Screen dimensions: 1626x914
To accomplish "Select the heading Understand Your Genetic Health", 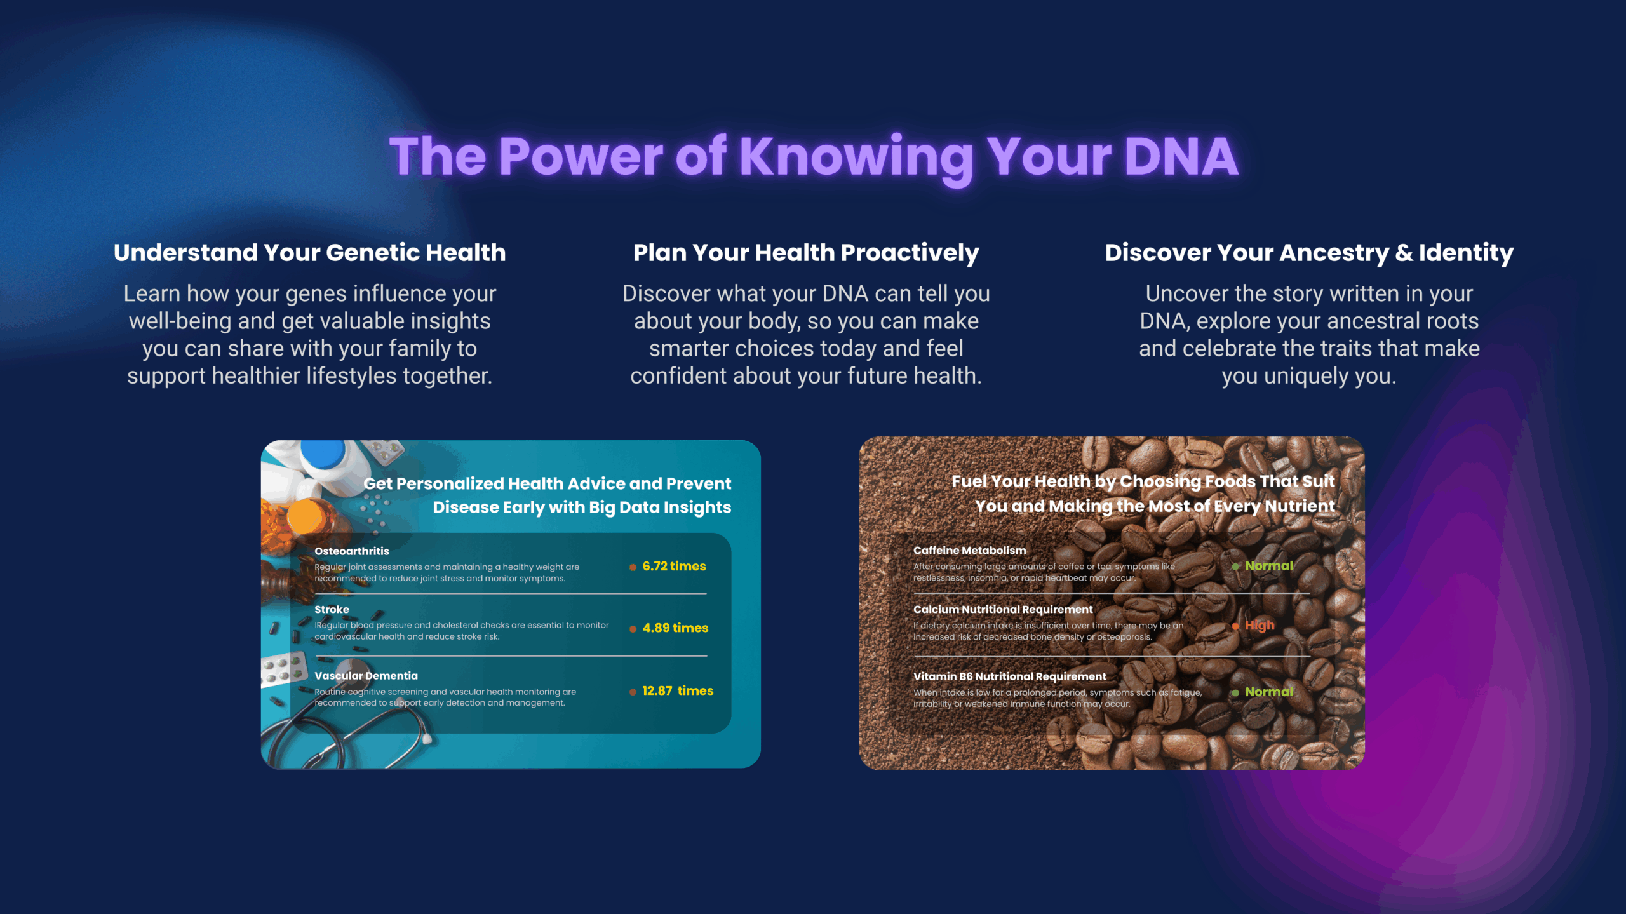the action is [310, 252].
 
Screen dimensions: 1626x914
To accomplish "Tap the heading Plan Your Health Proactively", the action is [806, 253].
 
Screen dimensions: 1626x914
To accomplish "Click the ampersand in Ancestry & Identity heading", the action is [1404, 253].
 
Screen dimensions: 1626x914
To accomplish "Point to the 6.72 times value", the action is [674, 566].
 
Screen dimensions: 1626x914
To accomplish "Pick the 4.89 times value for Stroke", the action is [675, 628].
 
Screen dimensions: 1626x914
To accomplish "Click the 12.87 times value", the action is [678, 690].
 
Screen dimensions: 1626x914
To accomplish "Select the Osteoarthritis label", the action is [352, 551].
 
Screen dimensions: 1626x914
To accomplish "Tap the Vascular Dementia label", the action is [366, 675].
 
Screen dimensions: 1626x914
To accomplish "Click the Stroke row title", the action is [332, 609].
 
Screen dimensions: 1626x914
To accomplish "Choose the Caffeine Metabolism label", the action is [969, 550].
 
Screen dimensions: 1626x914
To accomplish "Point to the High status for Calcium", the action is [1260, 626].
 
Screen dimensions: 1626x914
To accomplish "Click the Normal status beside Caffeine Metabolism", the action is [1268, 566].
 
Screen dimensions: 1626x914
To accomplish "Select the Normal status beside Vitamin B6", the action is [1268, 692].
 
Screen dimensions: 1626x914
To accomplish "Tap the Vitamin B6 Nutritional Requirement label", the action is [1009, 676].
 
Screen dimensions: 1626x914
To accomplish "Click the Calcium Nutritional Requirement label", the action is [1003, 609].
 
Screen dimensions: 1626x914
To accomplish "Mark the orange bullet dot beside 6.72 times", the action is [633, 567].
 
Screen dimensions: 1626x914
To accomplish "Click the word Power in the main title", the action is [581, 156].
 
